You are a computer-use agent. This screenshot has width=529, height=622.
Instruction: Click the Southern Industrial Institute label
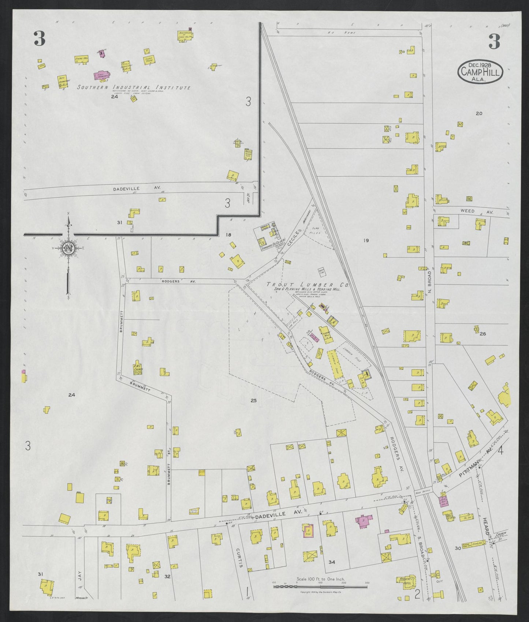[x=134, y=88]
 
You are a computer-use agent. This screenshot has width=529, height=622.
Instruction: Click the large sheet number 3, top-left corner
[x=39, y=39]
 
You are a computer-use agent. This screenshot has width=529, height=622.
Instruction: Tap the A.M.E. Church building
[x=138, y=370]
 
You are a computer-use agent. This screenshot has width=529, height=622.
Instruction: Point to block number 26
[x=483, y=334]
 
